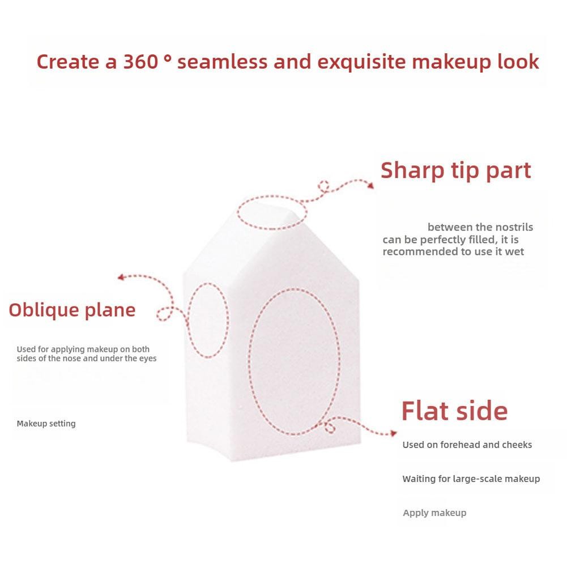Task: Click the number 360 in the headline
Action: tap(140, 62)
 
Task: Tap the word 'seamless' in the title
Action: tap(223, 62)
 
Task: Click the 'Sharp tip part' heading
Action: tap(455, 170)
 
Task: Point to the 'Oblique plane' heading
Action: tap(72, 310)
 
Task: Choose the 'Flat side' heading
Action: tap(454, 411)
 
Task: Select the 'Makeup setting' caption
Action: tap(46, 424)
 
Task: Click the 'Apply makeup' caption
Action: tap(434, 513)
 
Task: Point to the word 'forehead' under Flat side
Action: tap(458, 445)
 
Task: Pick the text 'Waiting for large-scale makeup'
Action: tap(471, 479)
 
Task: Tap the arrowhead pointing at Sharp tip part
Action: tap(370, 185)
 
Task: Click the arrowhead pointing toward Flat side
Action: tap(394, 433)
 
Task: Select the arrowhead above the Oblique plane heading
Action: tap(121, 278)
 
